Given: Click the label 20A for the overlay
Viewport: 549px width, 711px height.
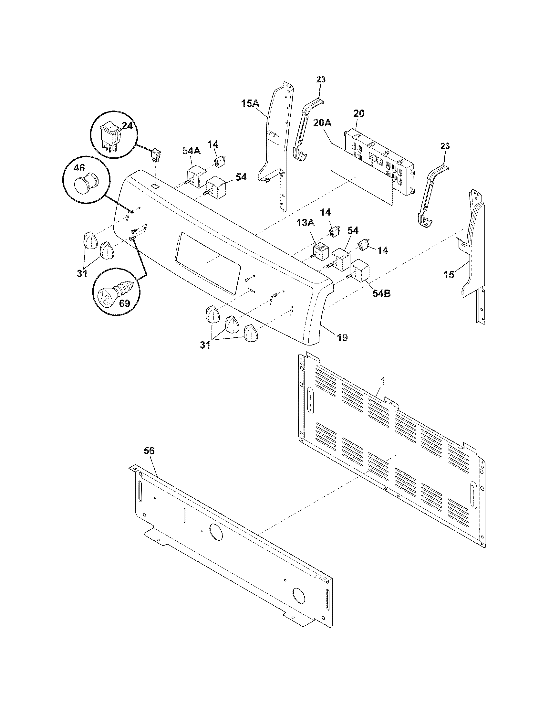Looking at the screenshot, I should pos(322,123).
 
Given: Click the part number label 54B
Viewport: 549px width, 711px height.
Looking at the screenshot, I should pos(381,293).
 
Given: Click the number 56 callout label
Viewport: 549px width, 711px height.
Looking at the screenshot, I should pos(149,451).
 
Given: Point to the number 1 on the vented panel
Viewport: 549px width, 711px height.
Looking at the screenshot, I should pos(383,381).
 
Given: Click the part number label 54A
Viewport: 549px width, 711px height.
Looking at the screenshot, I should pos(192,151).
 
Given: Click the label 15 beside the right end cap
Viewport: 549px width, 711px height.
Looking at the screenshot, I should pos(449,275).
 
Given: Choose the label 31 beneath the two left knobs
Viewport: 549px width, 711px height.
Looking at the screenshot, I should pos(82,273).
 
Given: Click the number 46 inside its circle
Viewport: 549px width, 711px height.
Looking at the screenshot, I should pos(79,168).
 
